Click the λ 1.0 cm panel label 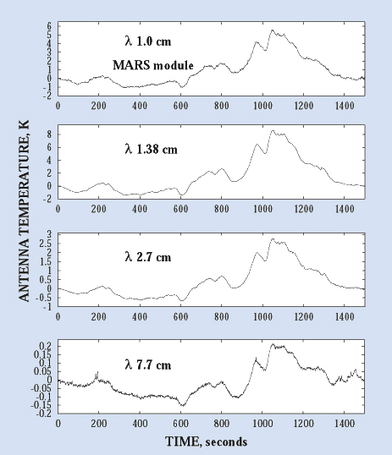point(148,41)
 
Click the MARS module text point(153,65)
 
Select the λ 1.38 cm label point(151,149)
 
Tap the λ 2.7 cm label point(148,257)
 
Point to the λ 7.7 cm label point(148,365)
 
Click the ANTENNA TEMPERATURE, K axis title point(24,211)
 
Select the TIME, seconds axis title point(207,441)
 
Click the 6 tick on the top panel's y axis point(49,26)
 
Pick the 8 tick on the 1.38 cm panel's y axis point(49,134)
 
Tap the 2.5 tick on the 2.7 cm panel point(46,244)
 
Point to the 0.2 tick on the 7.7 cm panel point(47,346)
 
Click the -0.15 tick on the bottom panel point(41,405)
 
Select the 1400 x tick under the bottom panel point(345,424)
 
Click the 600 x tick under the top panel point(180,106)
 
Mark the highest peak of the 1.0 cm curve point(273,30)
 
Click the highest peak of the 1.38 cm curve point(273,130)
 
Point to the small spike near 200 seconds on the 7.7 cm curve point(97,372)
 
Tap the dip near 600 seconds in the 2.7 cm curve point(182,300)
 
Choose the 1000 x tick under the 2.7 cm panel point(263,316)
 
